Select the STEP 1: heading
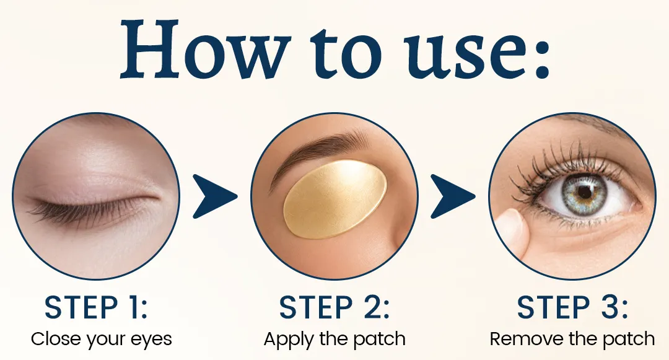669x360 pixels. (95, 307)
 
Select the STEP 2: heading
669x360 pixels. (334, 307)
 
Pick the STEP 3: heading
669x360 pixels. (572, 307)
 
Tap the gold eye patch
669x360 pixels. (335, 198)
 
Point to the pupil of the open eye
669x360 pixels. (585, 192)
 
